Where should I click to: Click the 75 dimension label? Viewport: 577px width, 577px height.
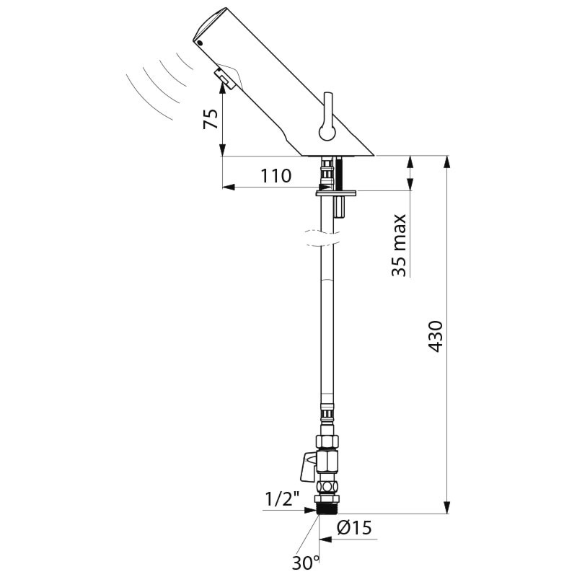(211, 118)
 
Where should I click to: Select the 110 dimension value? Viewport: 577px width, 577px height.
(276, 176)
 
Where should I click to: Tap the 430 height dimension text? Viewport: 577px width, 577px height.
(436, 336)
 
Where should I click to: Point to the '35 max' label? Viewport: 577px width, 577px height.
(399, 245)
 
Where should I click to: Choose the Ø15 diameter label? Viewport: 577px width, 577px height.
(354, 528)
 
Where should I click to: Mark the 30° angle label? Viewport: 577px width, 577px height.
(306, 563)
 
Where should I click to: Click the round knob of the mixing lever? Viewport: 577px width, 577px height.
(327, 132)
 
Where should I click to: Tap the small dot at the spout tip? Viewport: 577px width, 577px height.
(200, 43)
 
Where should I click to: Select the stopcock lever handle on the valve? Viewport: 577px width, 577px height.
(309, 467)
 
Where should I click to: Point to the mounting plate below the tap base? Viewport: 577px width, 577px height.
(336, 193)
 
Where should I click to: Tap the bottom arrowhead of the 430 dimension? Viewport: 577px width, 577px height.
(447, 508)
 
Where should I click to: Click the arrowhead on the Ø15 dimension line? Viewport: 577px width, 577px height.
(325, 539)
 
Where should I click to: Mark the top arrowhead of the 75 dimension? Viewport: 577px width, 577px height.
(222, 87)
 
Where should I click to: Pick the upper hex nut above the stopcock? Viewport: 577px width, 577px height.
(327, 441)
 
